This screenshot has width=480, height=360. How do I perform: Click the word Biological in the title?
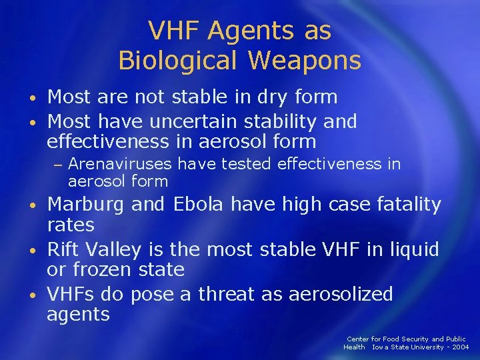[x=175, y=60]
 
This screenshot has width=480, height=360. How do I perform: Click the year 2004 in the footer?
[x=460, y=347]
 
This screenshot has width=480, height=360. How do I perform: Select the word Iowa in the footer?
[x=381, y=347]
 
